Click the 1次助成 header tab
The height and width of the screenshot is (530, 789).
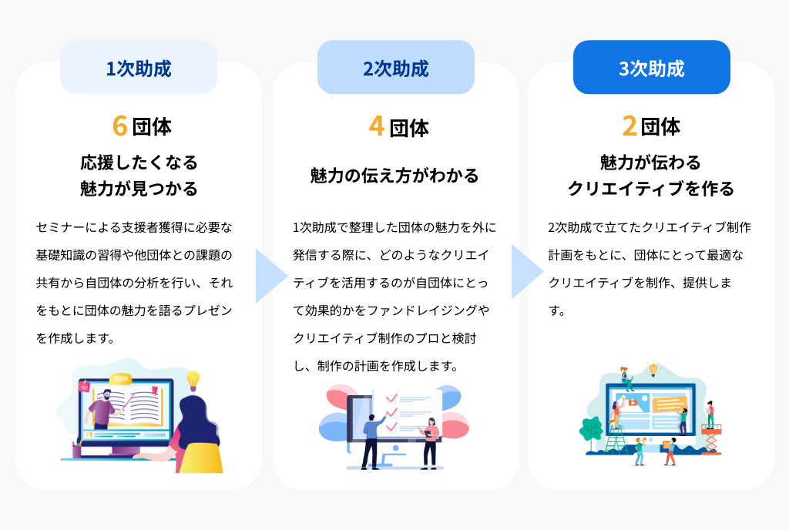(x=139, y=68)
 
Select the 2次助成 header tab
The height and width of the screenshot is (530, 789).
(x=395, y=68)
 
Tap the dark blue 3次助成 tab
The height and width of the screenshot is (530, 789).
(x=651, y=68)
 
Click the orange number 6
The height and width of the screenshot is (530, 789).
(x=119, y=125)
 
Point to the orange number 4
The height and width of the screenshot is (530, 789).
(x=376, y=126)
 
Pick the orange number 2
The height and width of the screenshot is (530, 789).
(x=630, y=126)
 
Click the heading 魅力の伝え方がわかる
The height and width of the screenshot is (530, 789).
(x=394, y=176)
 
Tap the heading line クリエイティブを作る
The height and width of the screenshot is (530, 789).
(x=651, y=189)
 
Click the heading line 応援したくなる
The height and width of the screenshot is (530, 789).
(x=139, y=163)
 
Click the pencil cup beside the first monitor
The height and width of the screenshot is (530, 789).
(x=76, y=446)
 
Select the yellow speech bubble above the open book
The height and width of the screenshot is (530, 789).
(x=122, y=379)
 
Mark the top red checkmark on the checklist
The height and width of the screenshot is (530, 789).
(x=391, y=398)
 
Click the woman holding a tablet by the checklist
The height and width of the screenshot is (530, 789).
(x=431, y=439)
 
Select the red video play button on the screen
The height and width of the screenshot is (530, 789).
(x=633, y=402)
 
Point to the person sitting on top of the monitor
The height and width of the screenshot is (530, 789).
(x=626, y=377)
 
